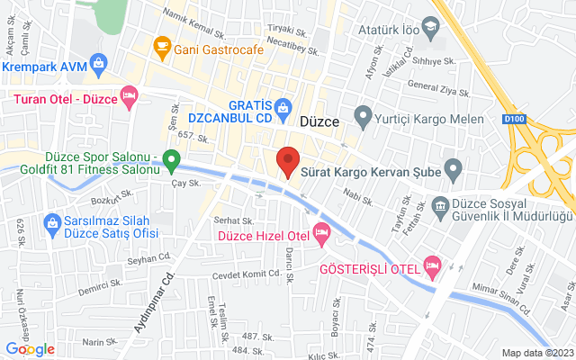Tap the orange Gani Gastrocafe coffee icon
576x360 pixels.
(x=163, y=44)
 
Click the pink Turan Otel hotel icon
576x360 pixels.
(x=130, y=94)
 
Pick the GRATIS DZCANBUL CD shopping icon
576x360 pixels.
(x=283, y=105)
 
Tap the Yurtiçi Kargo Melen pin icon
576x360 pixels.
(x=363, y=115)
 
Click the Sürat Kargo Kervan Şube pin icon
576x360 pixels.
(x=453, y=166)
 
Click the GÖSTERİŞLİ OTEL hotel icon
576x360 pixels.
(x=433, y=265)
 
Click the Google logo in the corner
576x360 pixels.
(x=30, y=349)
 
